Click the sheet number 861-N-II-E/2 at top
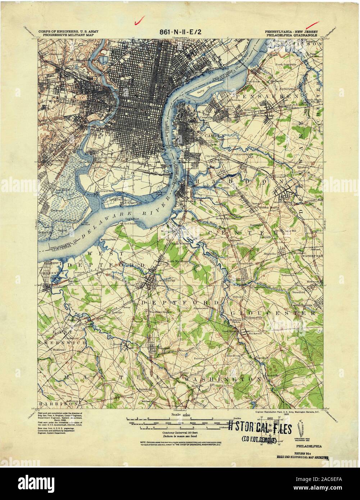(x=181, y=32)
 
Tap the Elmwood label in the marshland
(x=56, y=210)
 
